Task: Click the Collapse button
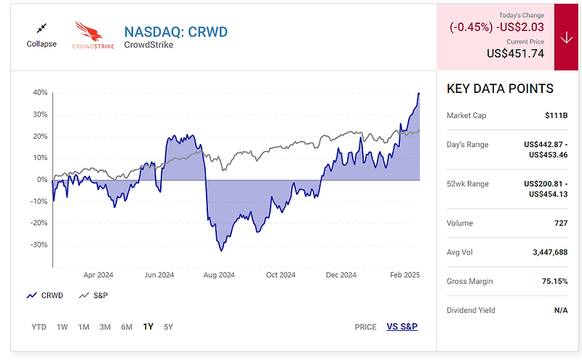pyautogui.click(x=41, y=34)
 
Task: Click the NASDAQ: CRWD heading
pyautogui.click(x=175, y=32)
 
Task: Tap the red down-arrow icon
pyautogui.click(x=566, y=37)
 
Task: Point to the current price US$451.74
pyautogui.click(x=517, y=53)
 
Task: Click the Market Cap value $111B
pyautogui.click(x=556, y=116)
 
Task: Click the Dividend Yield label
pyautogui.click(x=471, y=311)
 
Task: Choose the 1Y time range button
pyautogui.click(x=148, y=327)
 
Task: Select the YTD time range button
pyautogui.click(x=39, y=327)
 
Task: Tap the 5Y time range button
pyautogui.click(x=168, y=327)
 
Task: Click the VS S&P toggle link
pyautogui.click(x=402, y=327)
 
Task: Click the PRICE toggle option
pyautogui.click(x=365, y=327)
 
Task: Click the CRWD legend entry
pyautogui.click(x=45, y=295)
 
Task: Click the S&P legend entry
pyautogui.click(x=95, y=295)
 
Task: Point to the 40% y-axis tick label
pyautogui.click(x=40, y=93)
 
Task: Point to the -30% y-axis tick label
pyautogui.click(x=39, y=244)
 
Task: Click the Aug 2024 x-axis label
pyautogui.click(x=219, y=275)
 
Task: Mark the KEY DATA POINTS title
pyautogui.click(x=500, y=89)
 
